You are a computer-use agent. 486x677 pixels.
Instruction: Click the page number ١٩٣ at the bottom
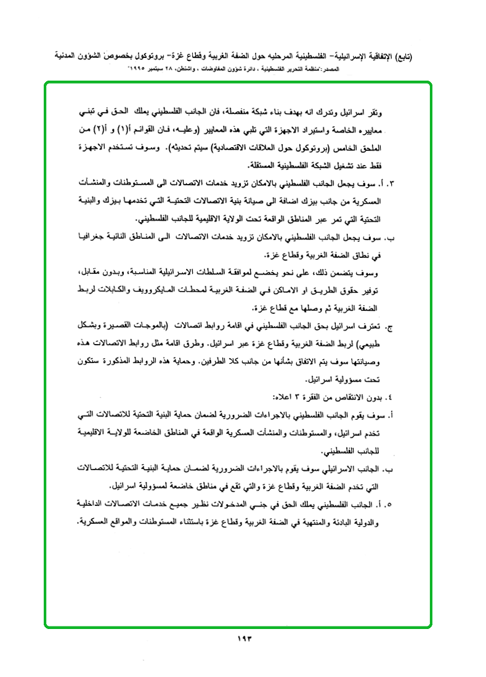244,638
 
